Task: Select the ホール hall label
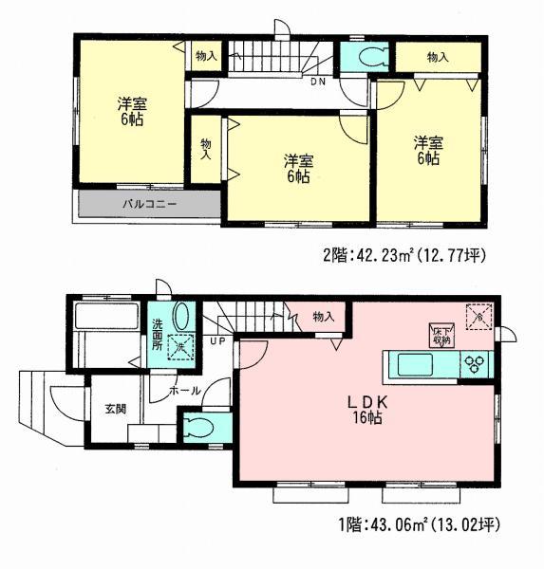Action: click(185, 390)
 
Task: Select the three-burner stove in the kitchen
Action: click(474, 364)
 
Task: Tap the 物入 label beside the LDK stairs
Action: click(323, 316)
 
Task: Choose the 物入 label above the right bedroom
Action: click(437, 57)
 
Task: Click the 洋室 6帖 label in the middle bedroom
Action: click(298, 167)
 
